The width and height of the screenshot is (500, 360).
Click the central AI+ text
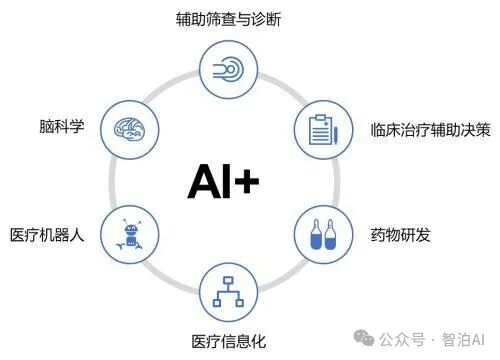tap(223, 181)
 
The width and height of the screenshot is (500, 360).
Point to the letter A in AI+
tap(200, 181)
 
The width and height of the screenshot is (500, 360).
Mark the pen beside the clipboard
tap(334, 130)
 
